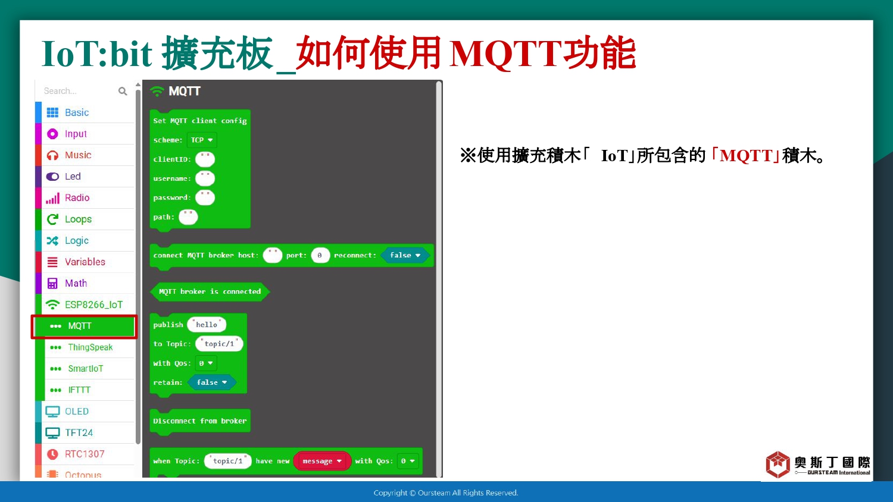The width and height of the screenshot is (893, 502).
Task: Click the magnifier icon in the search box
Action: click(123, 91)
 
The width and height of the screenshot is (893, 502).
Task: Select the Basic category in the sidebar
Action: click(77, 112)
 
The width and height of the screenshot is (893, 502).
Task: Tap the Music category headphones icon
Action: click(52, 155)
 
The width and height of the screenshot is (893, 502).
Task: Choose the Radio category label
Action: click(77, 197)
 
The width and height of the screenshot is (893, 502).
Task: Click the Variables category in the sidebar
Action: click(85, 262)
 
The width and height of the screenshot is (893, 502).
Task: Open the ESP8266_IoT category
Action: click(93, 305)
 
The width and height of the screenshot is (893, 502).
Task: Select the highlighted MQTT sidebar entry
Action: click(85, 327)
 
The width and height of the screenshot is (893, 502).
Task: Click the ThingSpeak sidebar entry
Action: click(90, 347)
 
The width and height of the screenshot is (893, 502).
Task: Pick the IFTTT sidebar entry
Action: click(79, 390)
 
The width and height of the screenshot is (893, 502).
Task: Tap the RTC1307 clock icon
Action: click(52, 454)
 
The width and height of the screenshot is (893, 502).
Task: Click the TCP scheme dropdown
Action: click(202, 140)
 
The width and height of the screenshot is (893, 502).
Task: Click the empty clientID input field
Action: click(205, 159)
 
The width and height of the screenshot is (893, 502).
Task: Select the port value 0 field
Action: click(320, 255)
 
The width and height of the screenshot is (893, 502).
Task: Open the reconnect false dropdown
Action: click(405, 255)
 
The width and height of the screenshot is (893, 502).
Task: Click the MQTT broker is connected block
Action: click(210, 291)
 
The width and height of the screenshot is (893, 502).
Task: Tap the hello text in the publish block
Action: click(207, 325)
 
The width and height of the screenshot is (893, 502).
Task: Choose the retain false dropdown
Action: click(212, 382)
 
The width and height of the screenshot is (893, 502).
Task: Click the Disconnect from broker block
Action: click(200, 421)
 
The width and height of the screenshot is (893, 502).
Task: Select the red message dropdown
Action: click(322, 462)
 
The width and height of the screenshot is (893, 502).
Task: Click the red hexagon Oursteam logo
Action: click(778, 464)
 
